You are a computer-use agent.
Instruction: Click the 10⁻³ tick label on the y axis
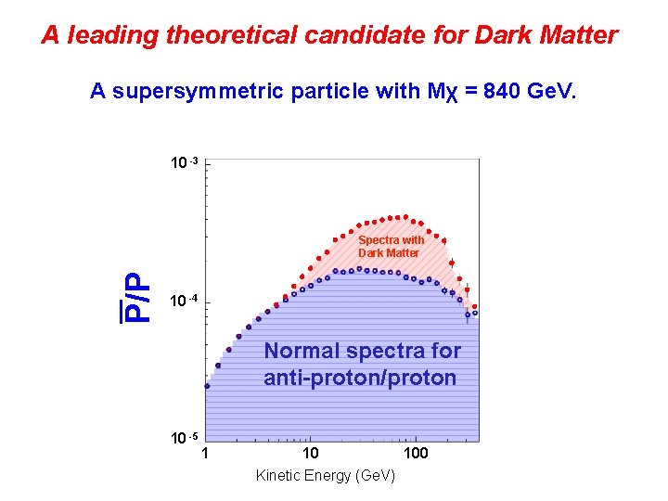184,163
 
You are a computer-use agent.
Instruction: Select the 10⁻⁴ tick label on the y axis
184,302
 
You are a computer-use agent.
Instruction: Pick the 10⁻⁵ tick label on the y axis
184,437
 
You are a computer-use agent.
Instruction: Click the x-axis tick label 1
205,454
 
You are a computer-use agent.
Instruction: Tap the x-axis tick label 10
310,454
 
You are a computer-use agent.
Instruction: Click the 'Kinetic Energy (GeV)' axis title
325,475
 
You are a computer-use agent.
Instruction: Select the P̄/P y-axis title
136,297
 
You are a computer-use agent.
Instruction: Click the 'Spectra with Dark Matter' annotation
390,246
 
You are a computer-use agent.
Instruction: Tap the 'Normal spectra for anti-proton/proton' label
361,365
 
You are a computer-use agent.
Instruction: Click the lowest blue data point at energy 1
207,386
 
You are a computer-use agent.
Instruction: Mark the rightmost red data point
475,306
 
